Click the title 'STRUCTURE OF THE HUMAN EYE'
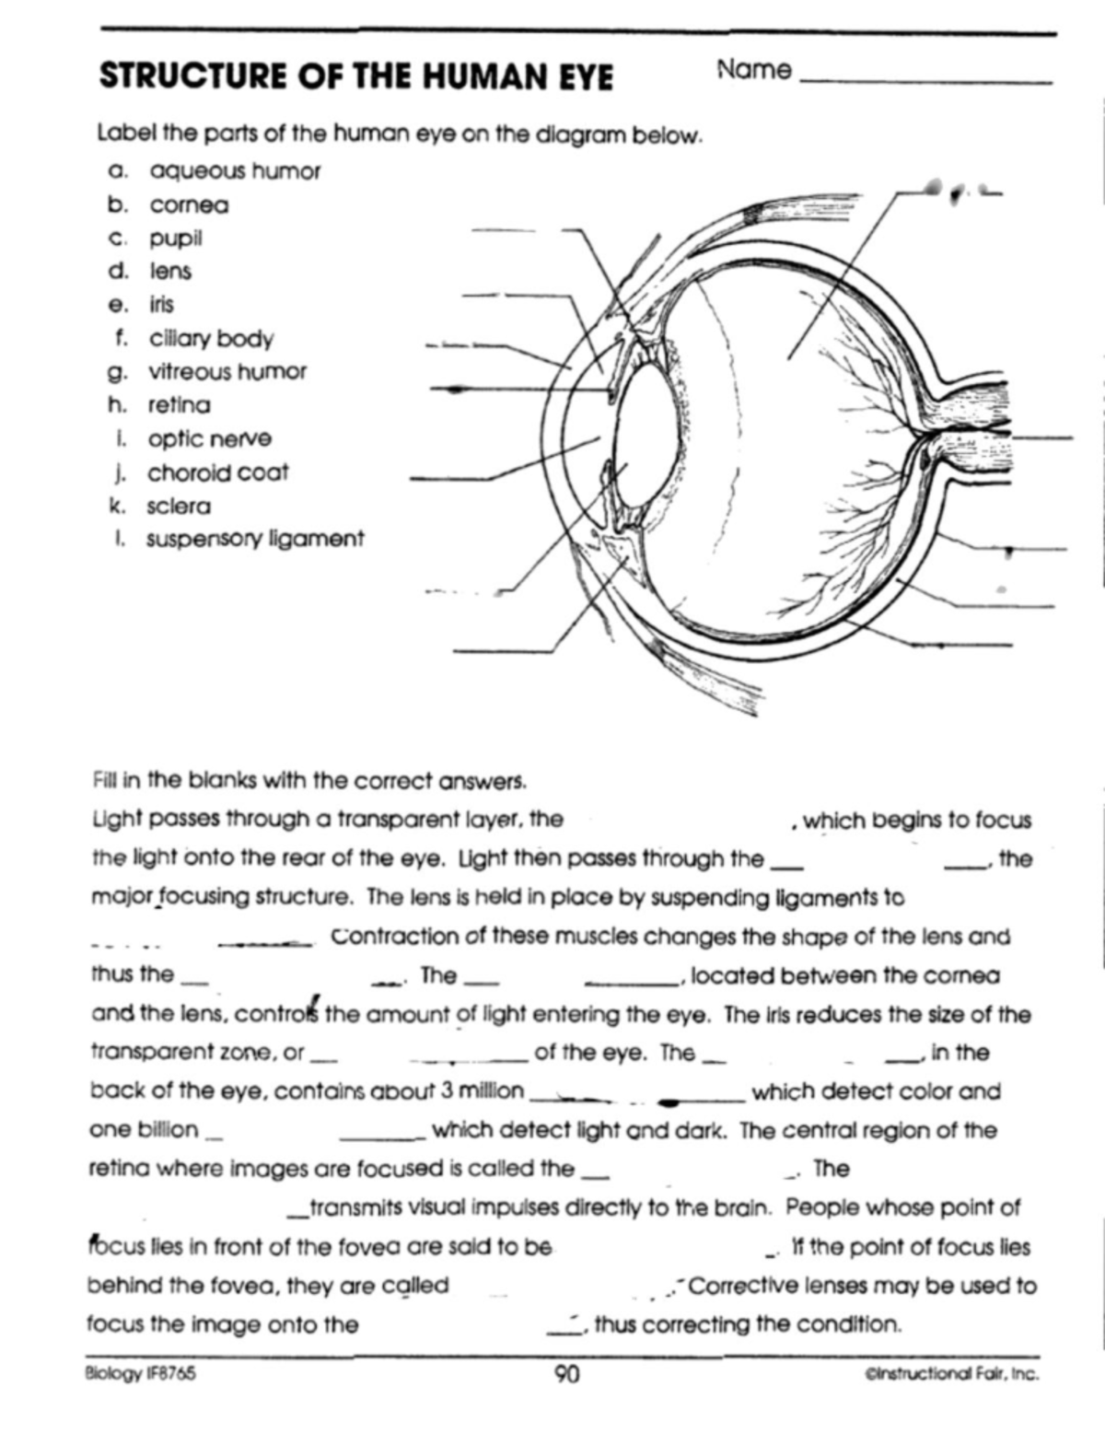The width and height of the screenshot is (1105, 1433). [355, 76]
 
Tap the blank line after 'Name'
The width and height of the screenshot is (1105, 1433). [925, 81]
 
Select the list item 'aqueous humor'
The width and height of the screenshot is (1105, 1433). [235, 171]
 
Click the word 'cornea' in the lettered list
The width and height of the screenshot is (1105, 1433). [190, 204]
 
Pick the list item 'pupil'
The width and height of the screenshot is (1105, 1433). [176, 239]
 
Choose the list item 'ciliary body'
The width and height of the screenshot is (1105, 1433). [212, 339]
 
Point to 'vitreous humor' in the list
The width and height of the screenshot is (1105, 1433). [227, 372]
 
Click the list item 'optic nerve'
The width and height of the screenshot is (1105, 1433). [210, 439]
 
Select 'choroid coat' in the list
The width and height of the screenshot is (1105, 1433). [218, 473]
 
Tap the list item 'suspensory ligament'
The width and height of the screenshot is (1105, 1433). [255, 540]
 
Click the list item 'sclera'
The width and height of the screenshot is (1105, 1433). [179, 507]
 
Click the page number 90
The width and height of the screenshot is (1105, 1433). [567, 1376]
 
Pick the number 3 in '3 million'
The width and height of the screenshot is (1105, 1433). [446, 1091]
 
